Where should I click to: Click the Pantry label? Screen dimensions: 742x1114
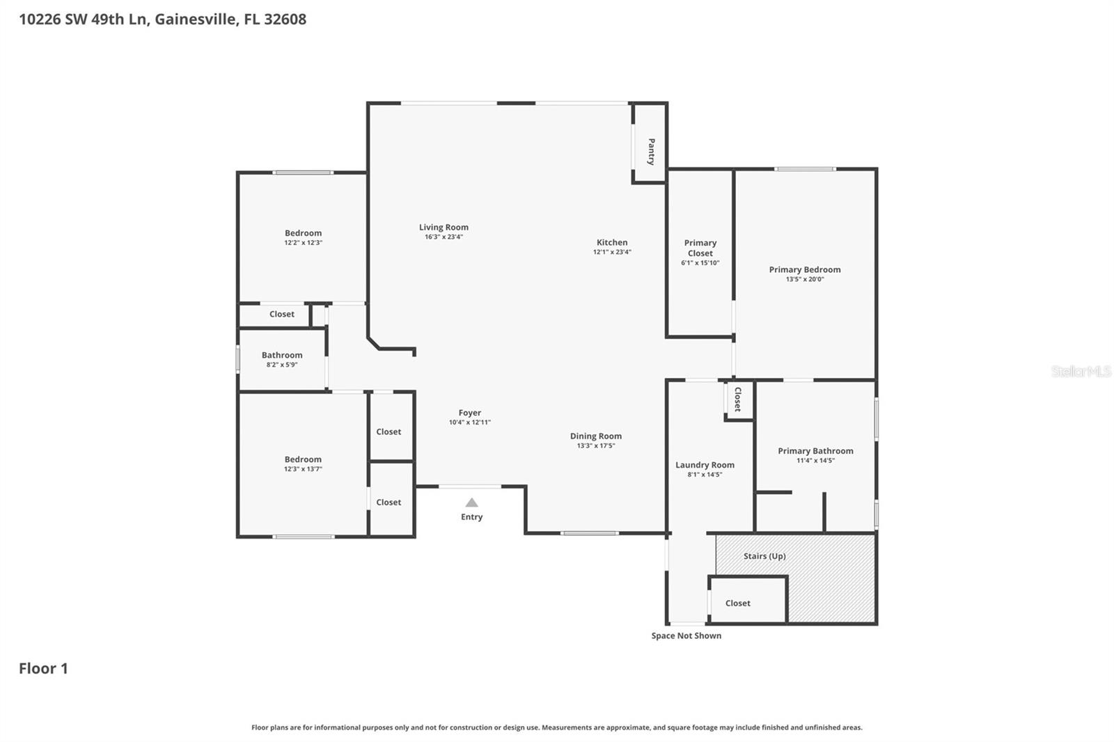point(651,151)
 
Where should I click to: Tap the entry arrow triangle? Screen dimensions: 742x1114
point(471,503)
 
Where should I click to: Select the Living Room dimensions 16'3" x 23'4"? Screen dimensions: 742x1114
point(444,237)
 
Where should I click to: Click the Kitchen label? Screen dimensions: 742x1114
point(612,242)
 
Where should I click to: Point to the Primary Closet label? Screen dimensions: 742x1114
point(700,248)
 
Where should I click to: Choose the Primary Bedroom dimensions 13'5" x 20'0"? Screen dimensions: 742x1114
point(804,279)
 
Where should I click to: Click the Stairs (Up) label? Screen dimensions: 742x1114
point(764,556)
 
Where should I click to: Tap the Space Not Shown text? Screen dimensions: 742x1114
point(686,636)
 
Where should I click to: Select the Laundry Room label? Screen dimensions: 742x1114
point(705,465)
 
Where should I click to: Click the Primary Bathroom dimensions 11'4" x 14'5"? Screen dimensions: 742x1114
point(815,461)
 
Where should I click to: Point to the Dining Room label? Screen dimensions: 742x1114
point(595,436)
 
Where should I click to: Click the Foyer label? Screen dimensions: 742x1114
point(469,413)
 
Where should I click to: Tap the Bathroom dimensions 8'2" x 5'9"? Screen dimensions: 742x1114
point(282,365)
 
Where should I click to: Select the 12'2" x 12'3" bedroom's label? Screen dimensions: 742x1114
point(303,233)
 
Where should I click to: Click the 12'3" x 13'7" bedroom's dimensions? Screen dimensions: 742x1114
point(303,469)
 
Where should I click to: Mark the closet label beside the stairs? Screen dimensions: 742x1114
point(737,603)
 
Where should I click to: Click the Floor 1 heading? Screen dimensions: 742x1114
point(43,668)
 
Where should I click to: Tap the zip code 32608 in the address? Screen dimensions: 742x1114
point(285,19)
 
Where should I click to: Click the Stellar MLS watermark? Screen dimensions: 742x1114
point(1081,372)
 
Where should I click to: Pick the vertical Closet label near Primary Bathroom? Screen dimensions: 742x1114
point(737,399)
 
